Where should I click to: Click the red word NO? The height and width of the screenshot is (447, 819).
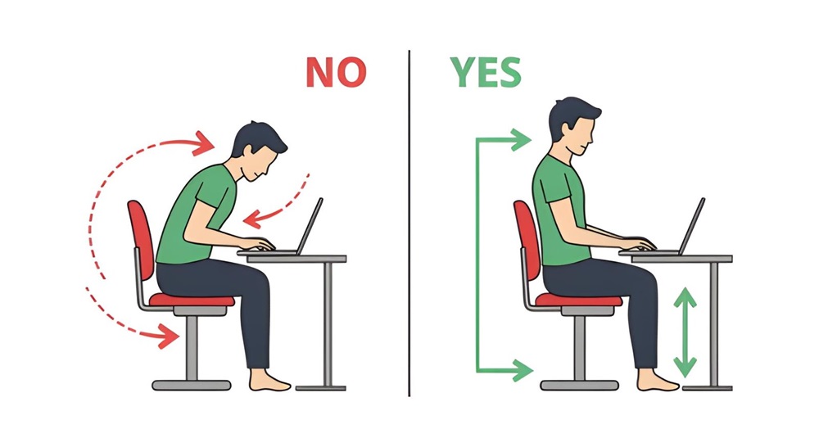tap(336, 72)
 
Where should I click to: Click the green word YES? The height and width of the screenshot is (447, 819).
tap(485, 72)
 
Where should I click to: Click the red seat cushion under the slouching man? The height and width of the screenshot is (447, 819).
tap(192, 300)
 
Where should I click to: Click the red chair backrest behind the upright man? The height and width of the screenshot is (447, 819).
tap(523, 237)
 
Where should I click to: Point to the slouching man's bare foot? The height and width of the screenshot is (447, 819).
tap(271, 382)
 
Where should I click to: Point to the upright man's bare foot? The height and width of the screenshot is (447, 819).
tap(656, 382)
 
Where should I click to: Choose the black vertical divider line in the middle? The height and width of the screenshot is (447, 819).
tap(409, 221)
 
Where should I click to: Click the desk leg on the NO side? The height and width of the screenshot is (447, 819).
tap(328, 323)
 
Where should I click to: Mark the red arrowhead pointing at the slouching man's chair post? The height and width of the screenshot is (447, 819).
tap(170, 336)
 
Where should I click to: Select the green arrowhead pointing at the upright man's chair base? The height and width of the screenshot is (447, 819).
tap(521, 370)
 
